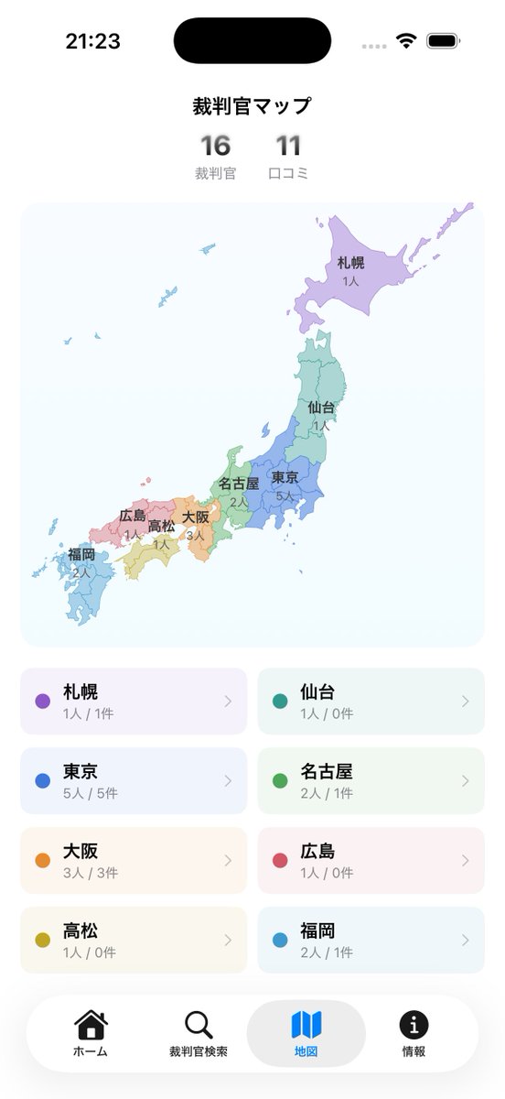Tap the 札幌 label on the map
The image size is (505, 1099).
(350, 263)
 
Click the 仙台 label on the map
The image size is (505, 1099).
(321, 408)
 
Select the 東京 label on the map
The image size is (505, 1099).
(285, 478)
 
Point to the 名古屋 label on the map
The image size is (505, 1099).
(239, 484)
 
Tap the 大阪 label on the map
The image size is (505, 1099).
(196, 517)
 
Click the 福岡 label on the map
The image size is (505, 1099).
(81, 554)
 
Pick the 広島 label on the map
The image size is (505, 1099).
(133, 516)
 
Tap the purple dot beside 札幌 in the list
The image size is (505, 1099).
(42, 702)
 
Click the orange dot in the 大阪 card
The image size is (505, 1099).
(42, 861)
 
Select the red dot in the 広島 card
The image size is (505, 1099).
(279, 861)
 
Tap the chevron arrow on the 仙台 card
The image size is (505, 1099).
(466, 702)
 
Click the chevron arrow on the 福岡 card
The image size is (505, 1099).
(466, 941)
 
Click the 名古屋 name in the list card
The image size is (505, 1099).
(326, 772)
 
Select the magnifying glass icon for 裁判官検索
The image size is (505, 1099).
(199, 1024)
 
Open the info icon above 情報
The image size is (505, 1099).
(414, 1024)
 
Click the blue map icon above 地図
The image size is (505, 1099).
(306, 1024)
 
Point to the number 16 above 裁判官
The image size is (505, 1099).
(216, 147)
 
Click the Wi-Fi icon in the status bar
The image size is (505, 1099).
(405, 41)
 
